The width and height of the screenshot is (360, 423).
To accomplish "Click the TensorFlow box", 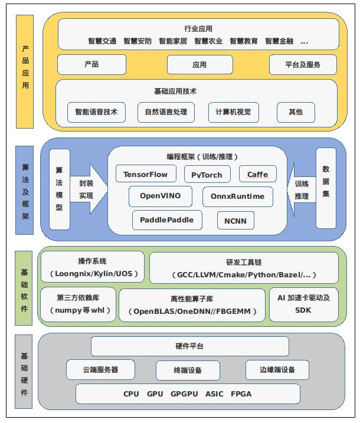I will click(145, 174).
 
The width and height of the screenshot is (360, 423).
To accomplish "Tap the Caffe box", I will click(257, 174).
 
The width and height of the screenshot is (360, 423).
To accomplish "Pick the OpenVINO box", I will click(160, 196).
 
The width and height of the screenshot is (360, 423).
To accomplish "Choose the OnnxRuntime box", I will click(237, 196).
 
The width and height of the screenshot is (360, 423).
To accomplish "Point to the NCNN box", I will click(236, 221).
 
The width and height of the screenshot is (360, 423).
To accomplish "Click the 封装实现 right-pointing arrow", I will click(87, 189).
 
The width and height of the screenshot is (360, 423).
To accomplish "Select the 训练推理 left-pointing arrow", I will click(301, 189).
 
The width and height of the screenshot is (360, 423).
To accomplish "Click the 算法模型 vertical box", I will click(59, 188).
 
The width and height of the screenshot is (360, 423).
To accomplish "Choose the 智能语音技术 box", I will click(96, 112).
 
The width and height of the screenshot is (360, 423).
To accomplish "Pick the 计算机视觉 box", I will click(234, 112).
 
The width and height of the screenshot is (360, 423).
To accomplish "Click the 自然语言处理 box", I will click(165, 112).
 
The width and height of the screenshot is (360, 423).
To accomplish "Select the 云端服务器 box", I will click(100, 370).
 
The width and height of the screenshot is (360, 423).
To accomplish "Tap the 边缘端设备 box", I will click(277, 370).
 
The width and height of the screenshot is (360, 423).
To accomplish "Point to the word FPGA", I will click(241, 394).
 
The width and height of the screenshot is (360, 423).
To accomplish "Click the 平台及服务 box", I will click(303, 64).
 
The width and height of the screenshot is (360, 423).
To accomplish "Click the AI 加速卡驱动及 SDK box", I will click(303, 304).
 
